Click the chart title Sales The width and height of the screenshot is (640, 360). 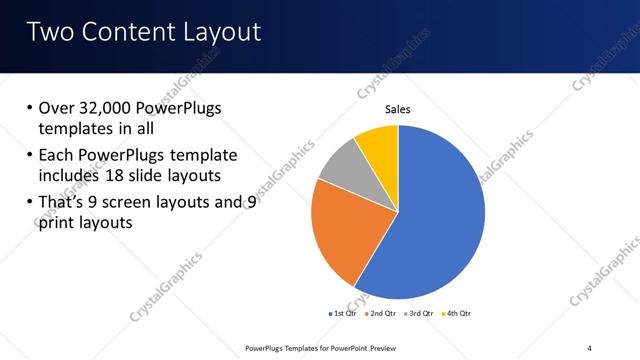coord(398,110)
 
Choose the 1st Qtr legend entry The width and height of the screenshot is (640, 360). coord(345,313)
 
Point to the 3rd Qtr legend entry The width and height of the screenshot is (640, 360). coord(419,313)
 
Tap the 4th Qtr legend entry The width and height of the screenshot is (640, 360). coord(455,313)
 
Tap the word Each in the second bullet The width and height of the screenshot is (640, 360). coord(57,155)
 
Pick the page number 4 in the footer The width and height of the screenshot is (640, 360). coord(590,347)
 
